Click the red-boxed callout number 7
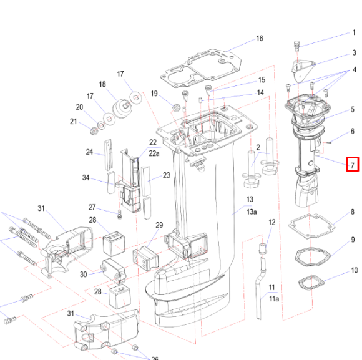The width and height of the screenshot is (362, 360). [x=353, y=165]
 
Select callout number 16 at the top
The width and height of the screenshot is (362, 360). [x=259, y=39]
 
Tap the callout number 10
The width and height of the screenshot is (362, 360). [x=354, y=271]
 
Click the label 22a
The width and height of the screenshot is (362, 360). [x=154, y=152]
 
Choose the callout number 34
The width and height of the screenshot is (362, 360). [x=86, y=178]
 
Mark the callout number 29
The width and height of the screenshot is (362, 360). [x=159, y=225]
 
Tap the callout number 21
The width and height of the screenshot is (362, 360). [x=74, y=122]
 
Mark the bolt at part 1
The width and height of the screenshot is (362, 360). [x=296, y=46]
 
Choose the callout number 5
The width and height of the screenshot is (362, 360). [x=353, y=110]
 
